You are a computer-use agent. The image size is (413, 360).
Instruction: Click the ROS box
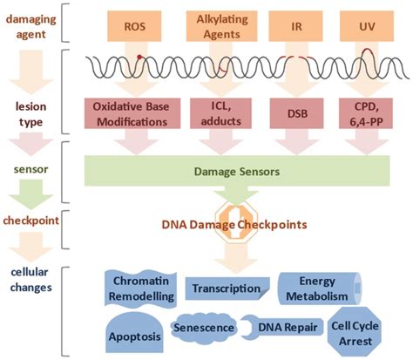point(134,26)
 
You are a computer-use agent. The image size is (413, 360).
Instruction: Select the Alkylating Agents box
point(222,26)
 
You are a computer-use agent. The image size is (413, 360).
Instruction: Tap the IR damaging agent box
point(296,26)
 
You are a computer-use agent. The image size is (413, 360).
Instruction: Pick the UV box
point(367,26)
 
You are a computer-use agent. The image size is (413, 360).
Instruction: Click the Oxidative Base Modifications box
point(132,113)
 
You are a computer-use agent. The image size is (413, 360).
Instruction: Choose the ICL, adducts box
point(220,113)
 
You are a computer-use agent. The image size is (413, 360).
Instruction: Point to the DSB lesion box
point(296,113)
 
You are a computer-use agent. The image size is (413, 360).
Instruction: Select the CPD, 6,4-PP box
point(366,113)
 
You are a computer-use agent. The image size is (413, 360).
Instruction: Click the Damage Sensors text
point(237,172)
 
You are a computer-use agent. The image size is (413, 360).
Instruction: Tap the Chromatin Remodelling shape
point(141,289)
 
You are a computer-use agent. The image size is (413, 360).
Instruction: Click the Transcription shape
point(227,289)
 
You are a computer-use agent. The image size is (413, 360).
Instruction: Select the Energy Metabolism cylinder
point(320,289)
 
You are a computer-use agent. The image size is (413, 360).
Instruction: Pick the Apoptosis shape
point(134,333)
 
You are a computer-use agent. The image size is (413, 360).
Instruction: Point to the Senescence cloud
point(204,328)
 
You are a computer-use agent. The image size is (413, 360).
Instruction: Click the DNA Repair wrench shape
point(282,328)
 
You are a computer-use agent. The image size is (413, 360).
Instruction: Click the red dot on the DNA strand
point(139,57)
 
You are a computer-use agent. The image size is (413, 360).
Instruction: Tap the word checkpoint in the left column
point(30,221)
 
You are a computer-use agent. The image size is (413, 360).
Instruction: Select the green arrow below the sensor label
point(30,194)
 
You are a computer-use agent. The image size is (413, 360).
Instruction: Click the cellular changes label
point(30,280)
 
